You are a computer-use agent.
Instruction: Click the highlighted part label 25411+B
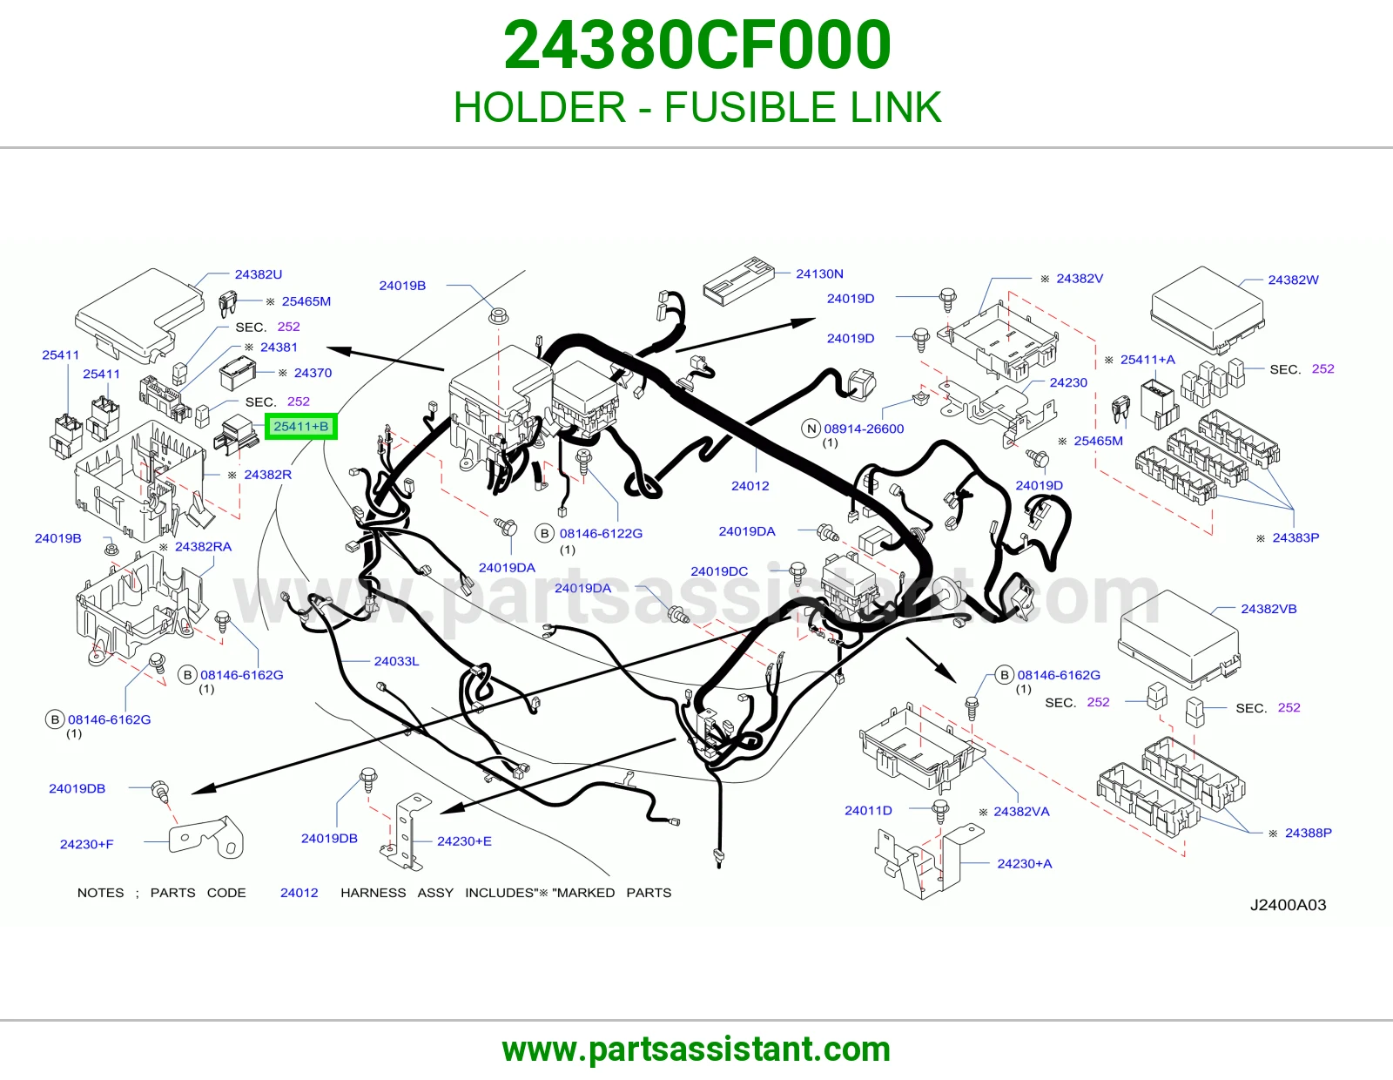pyautogui.click(x=300, y=427)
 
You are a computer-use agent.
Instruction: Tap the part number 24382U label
pyautogui.click(x=259, y=274)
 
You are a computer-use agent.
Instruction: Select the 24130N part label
pyautogui.click(x=819, y=273)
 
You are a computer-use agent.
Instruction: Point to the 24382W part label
pyautogui.click(x=1293, y=280)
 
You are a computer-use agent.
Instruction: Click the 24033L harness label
pyautogui.click(x=396, y=661)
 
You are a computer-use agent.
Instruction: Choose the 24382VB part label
pyautogui.click(x=1269, y=609)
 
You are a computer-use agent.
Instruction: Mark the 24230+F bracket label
pyautogui.click(x=86, y=844)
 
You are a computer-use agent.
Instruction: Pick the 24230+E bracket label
pyautogui.click(x=464, y=840)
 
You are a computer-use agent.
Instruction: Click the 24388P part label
pyautogui.click(x=1309, y=833)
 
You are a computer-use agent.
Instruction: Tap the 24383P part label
pyautogui.click(x=1295, y=537)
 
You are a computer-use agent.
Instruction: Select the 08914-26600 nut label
pyautogui.click(x=864, y=429)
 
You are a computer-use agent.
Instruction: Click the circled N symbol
pyautogui.click(x=811, y=429)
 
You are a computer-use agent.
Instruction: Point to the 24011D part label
pyautogui.click(x=868, y=810)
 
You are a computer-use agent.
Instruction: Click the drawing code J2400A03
pyautogui.click(x=1288, y=905)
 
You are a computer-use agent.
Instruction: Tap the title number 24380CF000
pyautogui.click(x=696, y=45)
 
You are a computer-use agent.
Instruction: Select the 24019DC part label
pyautogui.click(x=718, y=570)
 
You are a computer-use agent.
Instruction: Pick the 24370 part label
pyautogui.click(x=313, y=373)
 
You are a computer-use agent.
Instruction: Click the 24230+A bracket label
pyautogui.click(x=1025, y=863)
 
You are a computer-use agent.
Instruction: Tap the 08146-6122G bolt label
pyautogui.click(x=601, y=533)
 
